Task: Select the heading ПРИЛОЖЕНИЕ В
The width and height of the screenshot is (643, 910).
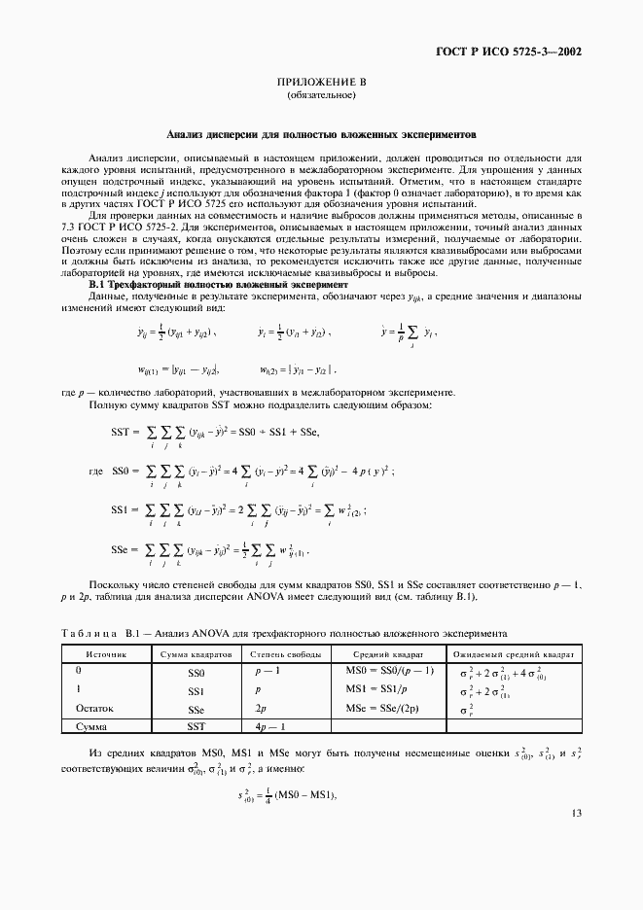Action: pos(321,84)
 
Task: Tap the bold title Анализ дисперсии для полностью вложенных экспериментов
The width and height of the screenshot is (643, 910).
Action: pos(321,136)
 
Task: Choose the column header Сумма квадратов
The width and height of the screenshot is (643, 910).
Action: pos(196,654)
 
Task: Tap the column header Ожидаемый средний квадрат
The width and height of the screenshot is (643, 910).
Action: pos(510,654)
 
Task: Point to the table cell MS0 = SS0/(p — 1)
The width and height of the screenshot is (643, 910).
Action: pos(389,671)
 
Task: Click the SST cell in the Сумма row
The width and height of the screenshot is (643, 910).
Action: pos(196,725)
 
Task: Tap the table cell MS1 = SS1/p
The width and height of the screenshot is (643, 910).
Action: pos(375,689)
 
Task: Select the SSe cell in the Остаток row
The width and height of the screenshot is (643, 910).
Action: pos(196,710)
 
